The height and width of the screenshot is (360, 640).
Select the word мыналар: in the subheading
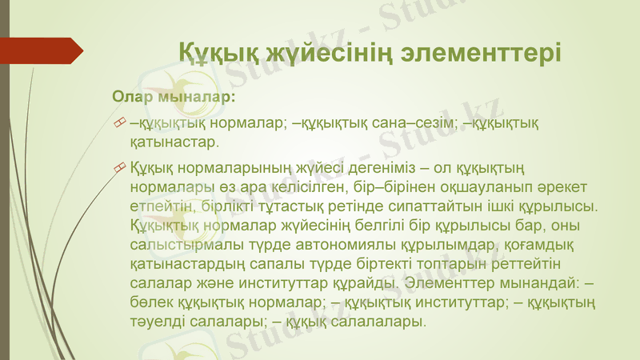[195, 98]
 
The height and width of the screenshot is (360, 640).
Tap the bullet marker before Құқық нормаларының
[119, 166]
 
